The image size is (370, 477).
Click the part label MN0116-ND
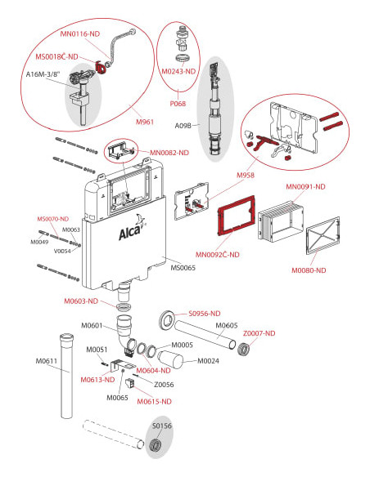pos(80,33)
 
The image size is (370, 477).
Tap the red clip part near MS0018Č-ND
pos(100,67)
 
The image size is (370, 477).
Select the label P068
pos(178,104)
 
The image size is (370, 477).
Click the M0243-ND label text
pos(178,72)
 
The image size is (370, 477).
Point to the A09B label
pos(183,125)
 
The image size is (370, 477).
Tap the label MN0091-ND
pos(305,186)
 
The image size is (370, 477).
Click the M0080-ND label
pos(309,270)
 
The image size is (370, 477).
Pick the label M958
pos(246,176)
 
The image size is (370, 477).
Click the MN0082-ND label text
pos(169,153)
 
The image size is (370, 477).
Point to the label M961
pos(145,122)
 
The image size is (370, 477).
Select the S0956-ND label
pos(204,314)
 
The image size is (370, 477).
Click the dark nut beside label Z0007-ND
pos(243,349)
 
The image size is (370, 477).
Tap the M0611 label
pos(47,361)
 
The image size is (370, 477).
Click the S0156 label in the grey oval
pos(162,426)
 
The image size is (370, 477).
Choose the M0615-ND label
pos(154,402)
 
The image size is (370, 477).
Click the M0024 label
pos(208,361)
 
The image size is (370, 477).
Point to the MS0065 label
pos(183,268)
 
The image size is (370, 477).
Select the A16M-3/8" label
pos(43,74)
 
